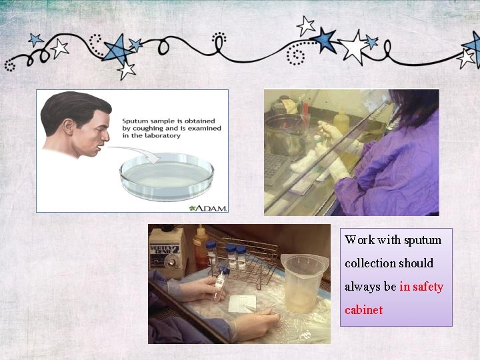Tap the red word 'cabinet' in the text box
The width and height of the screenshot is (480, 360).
click(363, 310)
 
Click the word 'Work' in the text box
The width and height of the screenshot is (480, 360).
click(359, 240)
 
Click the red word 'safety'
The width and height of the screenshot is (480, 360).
click(428, 287)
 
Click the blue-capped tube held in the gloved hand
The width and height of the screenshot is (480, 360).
click(221, 280)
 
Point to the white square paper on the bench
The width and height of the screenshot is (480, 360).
click(243, 303)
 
